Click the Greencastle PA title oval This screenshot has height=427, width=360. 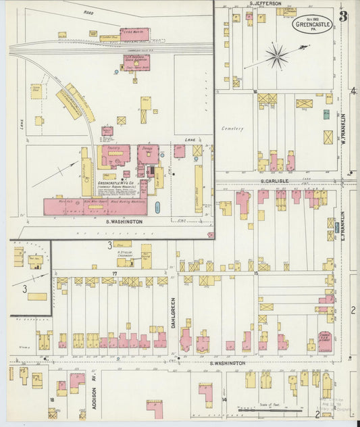[313, 24]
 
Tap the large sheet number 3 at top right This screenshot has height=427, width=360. [344, 16]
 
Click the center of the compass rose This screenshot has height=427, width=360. [277, 56]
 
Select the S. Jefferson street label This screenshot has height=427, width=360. [265, 3]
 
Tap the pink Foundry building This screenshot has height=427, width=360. [115, 155]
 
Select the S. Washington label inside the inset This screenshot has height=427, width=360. [124, 221]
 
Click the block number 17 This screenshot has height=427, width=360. [115, 273]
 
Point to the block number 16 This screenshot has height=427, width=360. [255, 91]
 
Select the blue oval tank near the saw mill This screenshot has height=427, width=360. [157, 207]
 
